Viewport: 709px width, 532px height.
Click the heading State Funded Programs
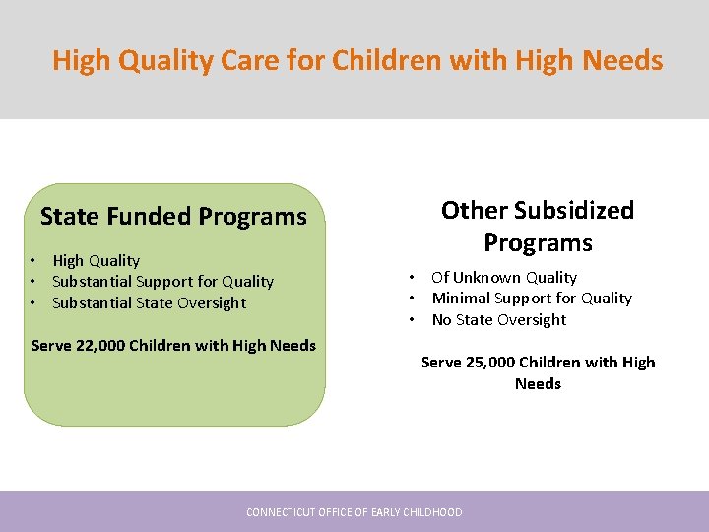click(x=173, y=216)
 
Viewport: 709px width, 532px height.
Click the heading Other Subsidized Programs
click(x=538, y=226)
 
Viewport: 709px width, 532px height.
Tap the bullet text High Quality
click(x=96, y=260)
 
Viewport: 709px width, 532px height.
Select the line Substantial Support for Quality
click(x=162, y=282)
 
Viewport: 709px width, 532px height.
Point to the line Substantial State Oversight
click(x=149, y=302)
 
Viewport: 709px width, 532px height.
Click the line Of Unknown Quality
click(x=503, y=278)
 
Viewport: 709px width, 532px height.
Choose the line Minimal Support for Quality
click(x=532, y=299)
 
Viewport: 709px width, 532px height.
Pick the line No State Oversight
click(x=498, y=319)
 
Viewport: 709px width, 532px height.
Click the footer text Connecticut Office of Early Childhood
click(x=354, y=512)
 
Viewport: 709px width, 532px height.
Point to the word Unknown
click(x=486, y=278)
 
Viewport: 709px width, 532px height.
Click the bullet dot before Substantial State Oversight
click(x=32, y=302)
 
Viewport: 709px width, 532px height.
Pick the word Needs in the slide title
click(x=622, y=61)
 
